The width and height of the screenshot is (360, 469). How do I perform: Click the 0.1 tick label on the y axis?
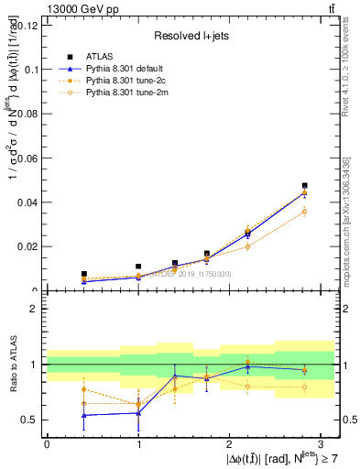tap(29, 70)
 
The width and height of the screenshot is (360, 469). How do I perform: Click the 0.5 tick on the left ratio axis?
tap(29, 420)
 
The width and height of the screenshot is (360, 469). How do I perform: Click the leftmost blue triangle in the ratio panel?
tap(83, 415)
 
